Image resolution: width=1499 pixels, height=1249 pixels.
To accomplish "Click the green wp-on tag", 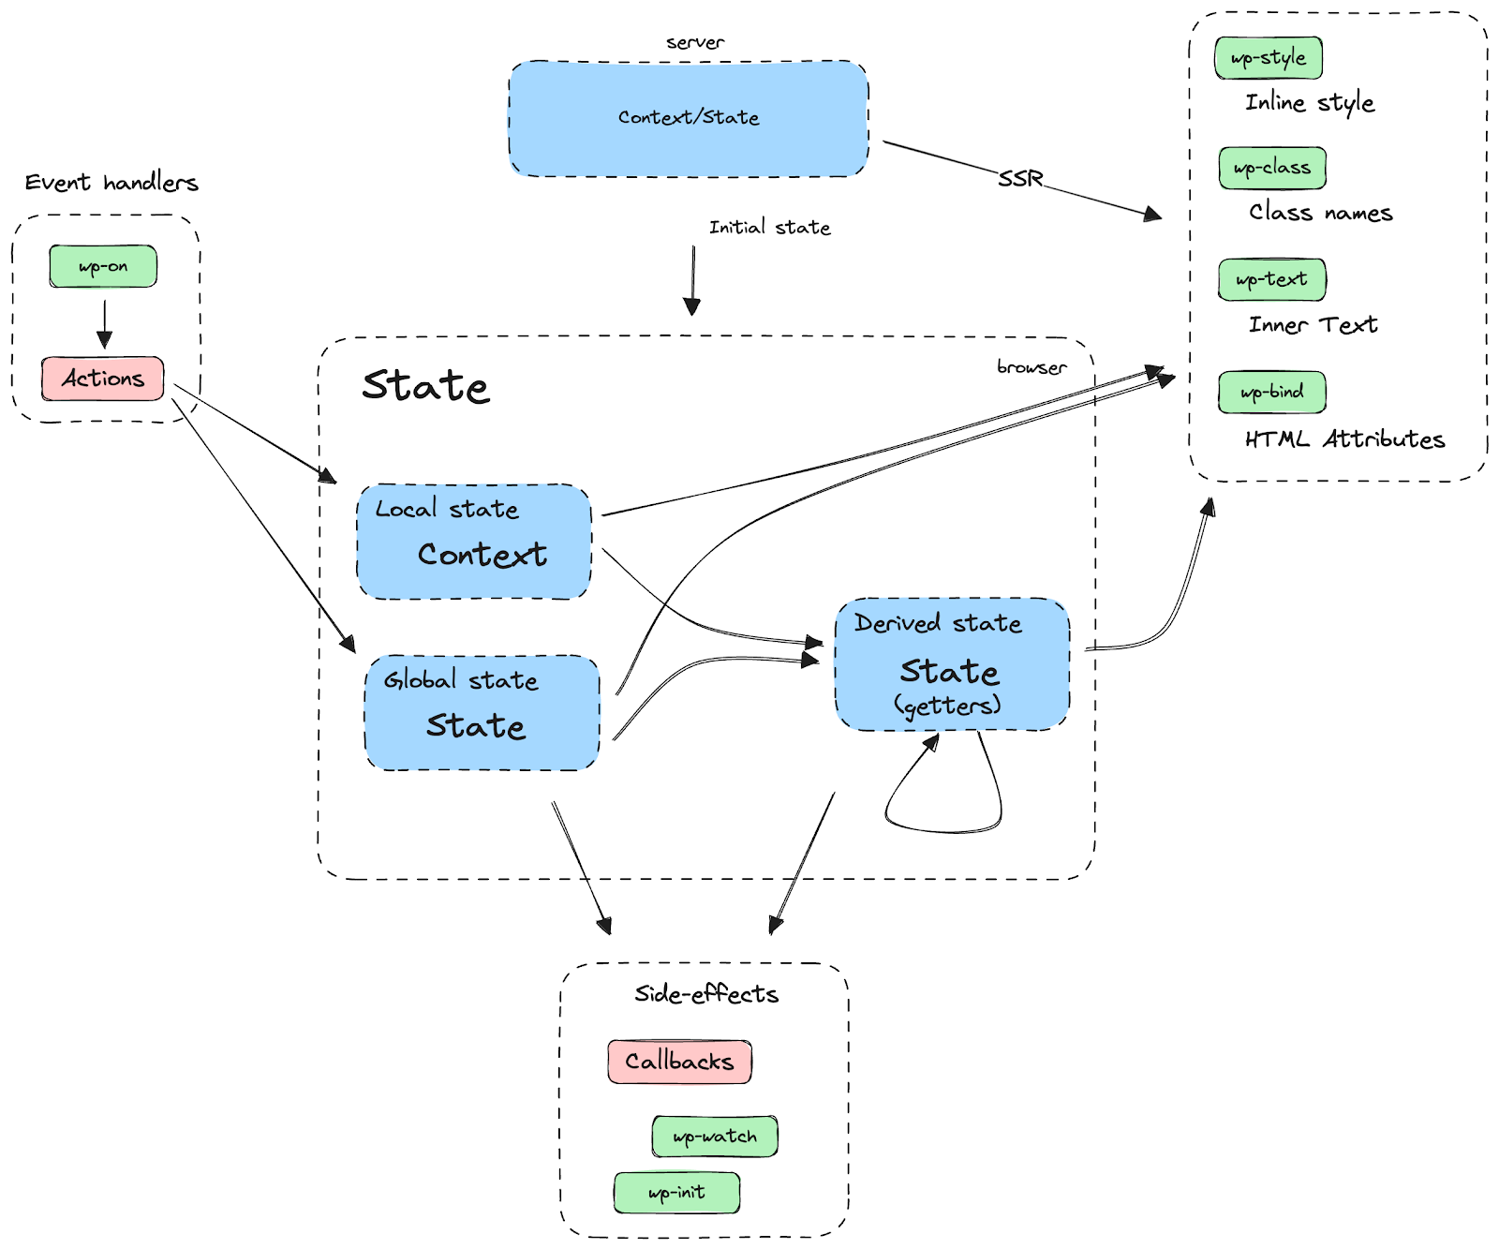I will [103, 266].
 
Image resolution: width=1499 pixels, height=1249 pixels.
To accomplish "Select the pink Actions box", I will [103, 379].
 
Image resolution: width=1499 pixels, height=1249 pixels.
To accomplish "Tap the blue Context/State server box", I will [689, 118].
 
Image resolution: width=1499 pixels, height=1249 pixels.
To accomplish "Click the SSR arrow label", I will [1020, 178].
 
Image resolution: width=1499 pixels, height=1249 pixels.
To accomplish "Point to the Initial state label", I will [769, 228].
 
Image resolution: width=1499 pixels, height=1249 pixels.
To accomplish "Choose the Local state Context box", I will [474, 542].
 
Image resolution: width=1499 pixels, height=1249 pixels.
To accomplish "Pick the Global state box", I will [482, 713].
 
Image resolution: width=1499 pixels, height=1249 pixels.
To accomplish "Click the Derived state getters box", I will [952, 664].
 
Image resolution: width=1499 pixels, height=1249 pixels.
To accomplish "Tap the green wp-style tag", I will [1269, 58].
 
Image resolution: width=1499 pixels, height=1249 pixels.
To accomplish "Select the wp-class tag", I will [1272, 169].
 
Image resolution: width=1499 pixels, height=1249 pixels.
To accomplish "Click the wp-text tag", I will [1272, 279].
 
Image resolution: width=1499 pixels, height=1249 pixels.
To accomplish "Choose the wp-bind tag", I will [1272, 392].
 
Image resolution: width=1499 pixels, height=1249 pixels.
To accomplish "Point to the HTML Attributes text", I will [1344, 439].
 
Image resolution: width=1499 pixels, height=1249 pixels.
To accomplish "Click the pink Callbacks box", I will [679, 1062].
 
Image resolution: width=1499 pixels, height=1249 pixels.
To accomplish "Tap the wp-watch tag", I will [715, 1137].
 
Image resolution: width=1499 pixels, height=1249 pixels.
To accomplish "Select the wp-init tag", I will [676, 1193].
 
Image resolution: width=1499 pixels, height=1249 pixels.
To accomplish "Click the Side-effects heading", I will [706, 994].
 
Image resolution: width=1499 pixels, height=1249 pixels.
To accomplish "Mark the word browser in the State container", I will [1031, 367].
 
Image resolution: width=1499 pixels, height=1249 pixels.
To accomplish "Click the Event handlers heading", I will [111, 183].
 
